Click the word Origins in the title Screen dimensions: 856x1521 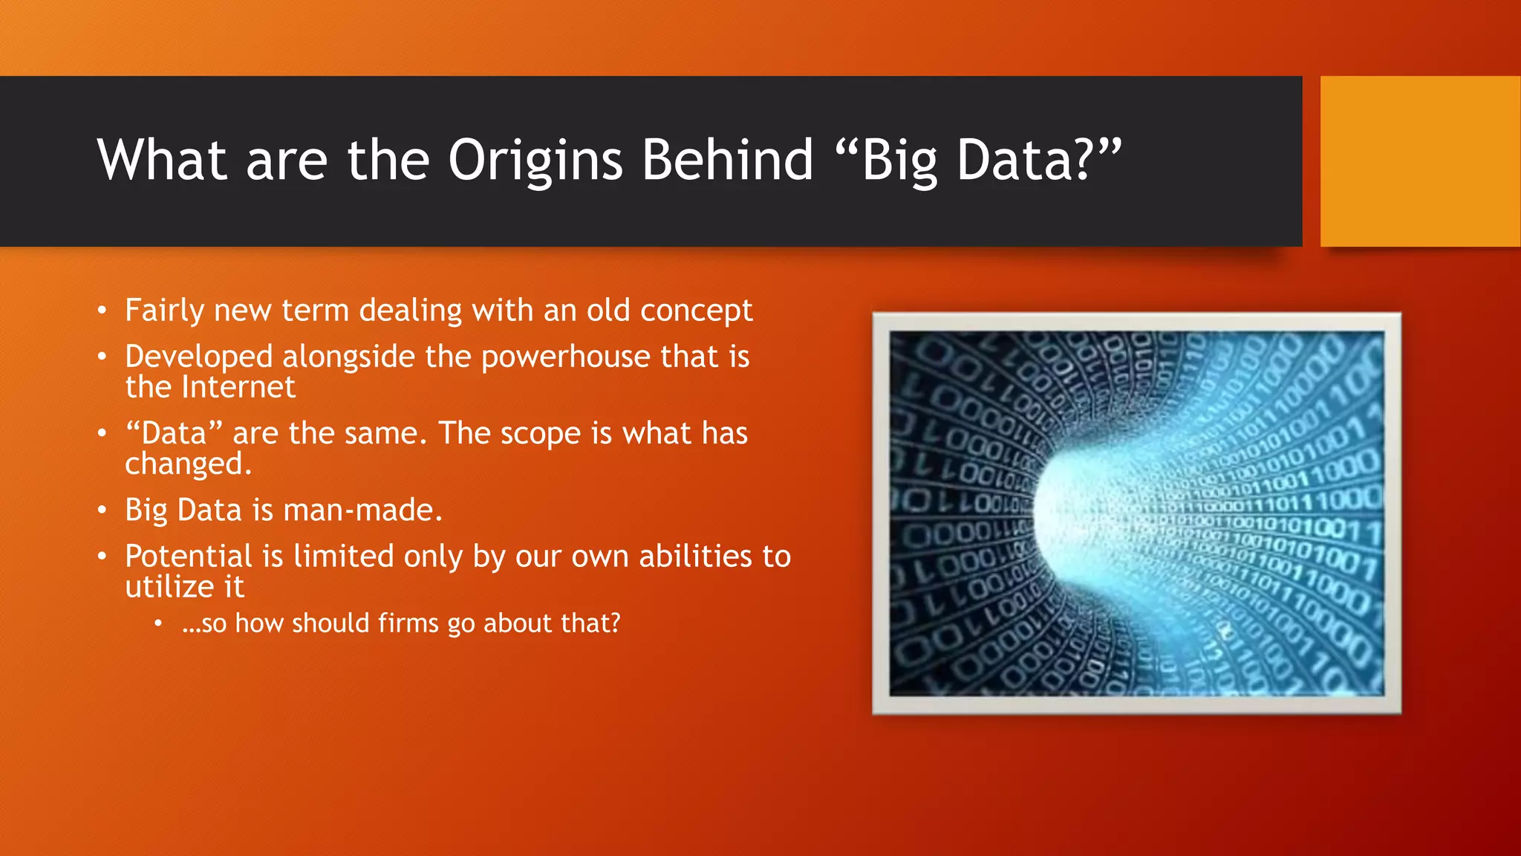[x=535, y=160]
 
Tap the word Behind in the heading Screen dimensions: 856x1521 [x=728, y=160]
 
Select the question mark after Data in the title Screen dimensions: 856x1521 [x=1084, y=160]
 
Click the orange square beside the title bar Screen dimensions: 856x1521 [x=1420, y=161]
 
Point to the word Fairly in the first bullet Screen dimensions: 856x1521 [x=163, y=311]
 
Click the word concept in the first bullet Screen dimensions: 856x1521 [x=696, y=311]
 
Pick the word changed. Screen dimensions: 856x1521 [x=188, y=464]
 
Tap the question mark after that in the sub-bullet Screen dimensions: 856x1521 [x=613, y=623]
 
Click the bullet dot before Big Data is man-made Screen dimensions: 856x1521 [x=102, y=510]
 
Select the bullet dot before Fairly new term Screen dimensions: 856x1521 [x=102, y=311]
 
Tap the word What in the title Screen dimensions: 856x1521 [x=161, y=160]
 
